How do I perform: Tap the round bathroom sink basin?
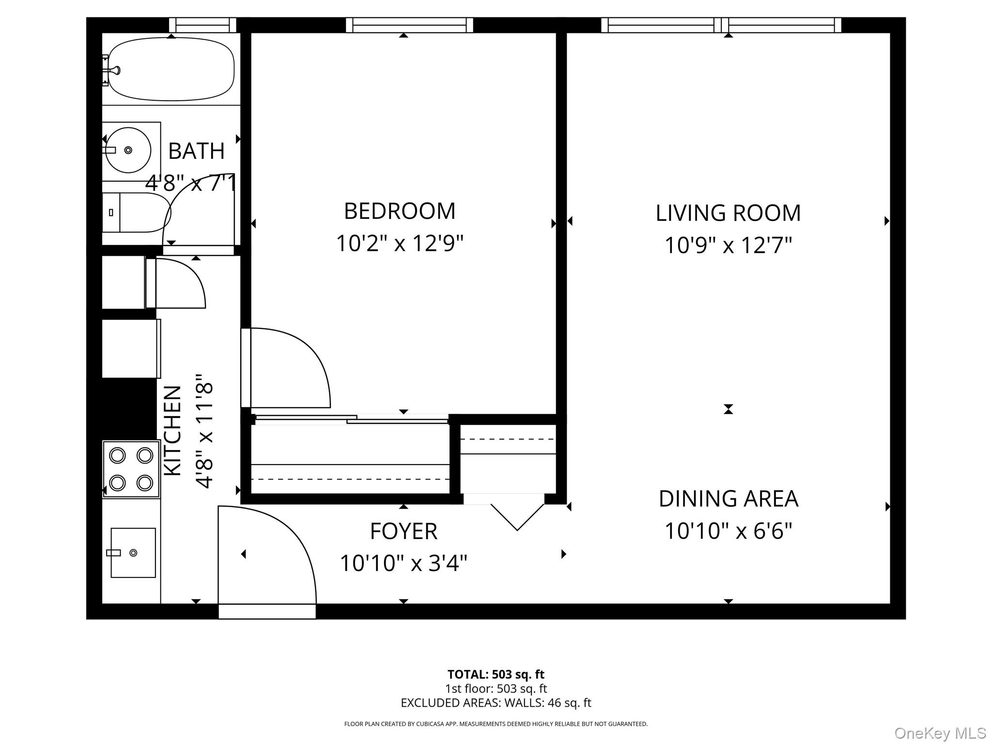(x=128, y=150)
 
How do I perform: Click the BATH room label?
(x=196, y=151)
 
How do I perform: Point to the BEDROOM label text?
(x=400, y=211)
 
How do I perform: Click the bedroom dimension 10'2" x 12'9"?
(x=400, y=243)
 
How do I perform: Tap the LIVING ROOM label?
(x=728, y=213)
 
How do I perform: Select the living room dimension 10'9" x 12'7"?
(x=728, y=245)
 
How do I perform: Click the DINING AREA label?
(x=728, y=499)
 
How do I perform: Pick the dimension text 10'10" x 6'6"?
(x=728, y=531)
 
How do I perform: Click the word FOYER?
(x=403, y=531)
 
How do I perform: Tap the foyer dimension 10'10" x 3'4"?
(x=403, y=563)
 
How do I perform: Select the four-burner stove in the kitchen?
(x=131, y=469)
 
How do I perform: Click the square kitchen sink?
(x=133, y=553)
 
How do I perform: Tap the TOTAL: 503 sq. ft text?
(x=496, y=674)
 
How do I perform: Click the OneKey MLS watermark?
(x=940, y=733)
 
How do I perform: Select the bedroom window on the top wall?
(x=409, y=25)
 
